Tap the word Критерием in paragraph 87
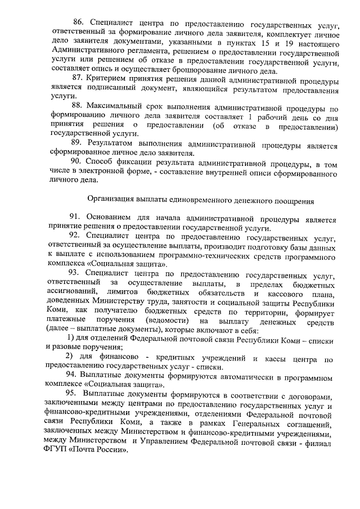point(110,81)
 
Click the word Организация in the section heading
point(112,200)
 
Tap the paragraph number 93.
point(76,273)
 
